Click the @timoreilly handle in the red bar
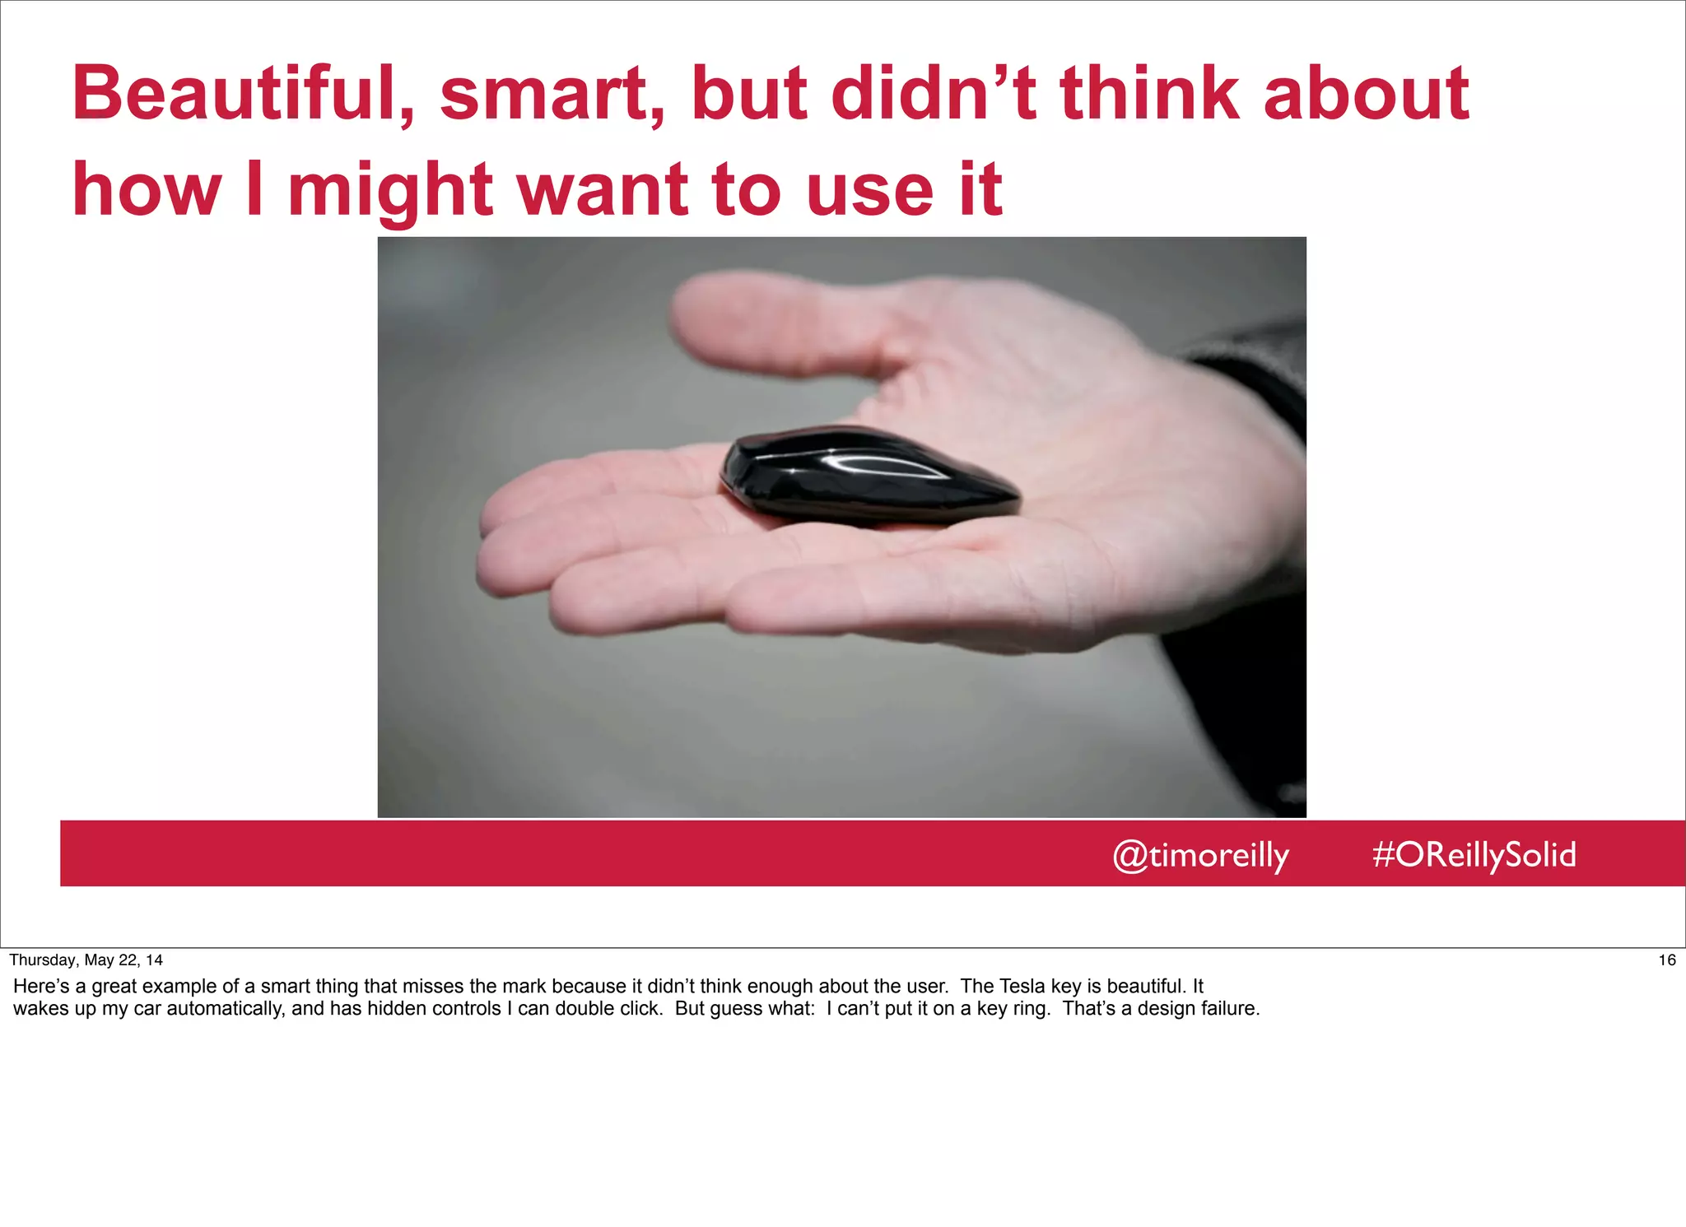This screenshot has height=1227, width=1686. click(x=1200, y=855)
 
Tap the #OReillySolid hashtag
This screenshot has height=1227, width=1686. click(x=1474, y=855)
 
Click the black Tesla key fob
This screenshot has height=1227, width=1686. click(x=864, y=481)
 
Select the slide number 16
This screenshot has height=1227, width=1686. click(x=1666, y=960)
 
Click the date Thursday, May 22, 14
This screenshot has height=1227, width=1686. click(x=86, y=960)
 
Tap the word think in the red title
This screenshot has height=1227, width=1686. click(x=1148, y=95)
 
